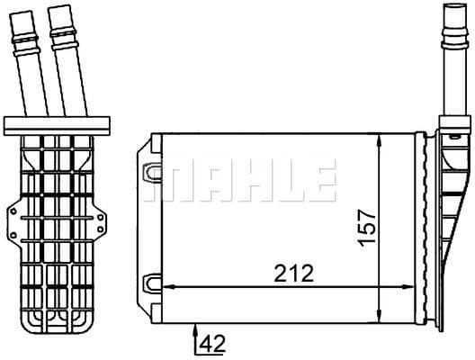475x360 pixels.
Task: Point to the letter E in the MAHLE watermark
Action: coord(318,181)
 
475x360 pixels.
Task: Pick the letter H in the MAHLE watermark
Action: coord(247,181)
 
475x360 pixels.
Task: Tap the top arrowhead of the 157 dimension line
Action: coord(381,138)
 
